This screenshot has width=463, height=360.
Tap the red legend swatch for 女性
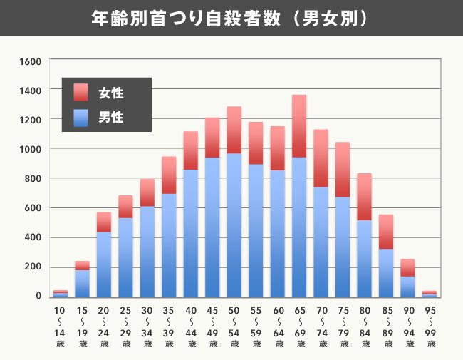click(80, 93)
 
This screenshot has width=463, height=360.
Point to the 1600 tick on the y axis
click(31, 61)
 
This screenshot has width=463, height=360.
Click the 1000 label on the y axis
click(31, 149)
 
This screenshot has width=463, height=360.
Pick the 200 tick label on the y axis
click(33, 267)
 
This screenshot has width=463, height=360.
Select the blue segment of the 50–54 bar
click(234, 225)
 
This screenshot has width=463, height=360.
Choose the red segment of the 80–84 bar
click(364, 197)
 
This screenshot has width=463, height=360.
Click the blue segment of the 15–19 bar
click(82, 283)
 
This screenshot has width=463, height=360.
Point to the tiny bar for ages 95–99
click(429, 294)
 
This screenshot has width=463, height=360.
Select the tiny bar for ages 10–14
click(61, 294)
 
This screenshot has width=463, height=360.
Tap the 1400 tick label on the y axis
click(31, 90)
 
